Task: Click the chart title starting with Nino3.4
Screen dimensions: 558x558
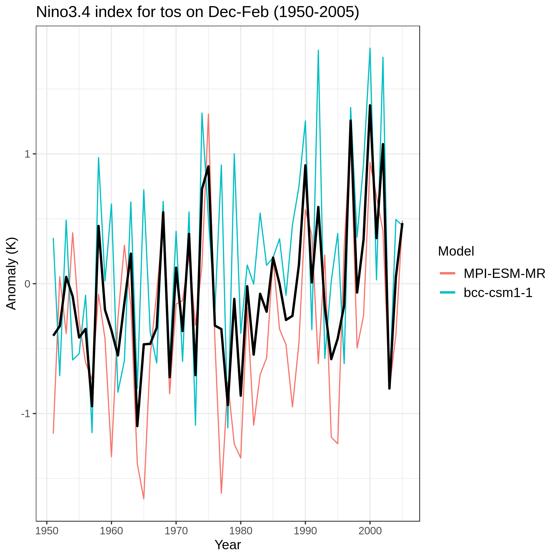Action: click(x=197, y=12)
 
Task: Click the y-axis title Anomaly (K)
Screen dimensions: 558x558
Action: click(x=11, y=273)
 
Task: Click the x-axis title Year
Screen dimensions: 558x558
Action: click(x=228, y=545)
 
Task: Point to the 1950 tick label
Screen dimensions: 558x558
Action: click(x=47, y=531)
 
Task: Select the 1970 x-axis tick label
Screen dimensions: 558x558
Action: click(x=176, y=531)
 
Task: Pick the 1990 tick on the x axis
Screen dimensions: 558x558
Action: click(x=305, y=531)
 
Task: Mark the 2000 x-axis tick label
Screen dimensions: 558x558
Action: click(x=370, y=531)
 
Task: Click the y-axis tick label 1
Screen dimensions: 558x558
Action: click(x=27, y=154)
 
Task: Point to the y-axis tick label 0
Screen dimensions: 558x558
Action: click(x=27, y=284)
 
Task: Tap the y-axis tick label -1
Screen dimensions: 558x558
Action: click(x=26, y=414)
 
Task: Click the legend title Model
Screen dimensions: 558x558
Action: click(x=456, y=251)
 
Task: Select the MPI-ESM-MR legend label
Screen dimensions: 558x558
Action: click(x=504, y=273)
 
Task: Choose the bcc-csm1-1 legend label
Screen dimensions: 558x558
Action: click(x=498, y=293)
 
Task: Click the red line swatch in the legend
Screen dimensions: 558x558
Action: click(x=447, y=273)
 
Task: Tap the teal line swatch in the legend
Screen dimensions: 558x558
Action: click(x=447, y=293)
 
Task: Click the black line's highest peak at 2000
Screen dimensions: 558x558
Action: click(x=370, y=105)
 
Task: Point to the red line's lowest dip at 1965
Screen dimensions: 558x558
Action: click(x=143, y=499)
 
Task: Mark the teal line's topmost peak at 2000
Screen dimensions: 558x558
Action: click(x=370, y=48)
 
